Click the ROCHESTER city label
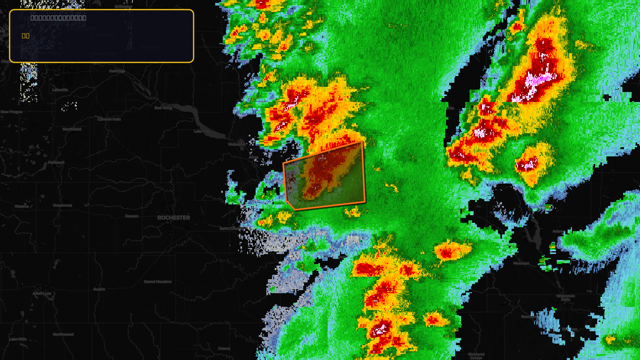click(174, 218)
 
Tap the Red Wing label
click(163, 108)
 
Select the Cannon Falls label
click(109, 119)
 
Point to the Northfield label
click(72, 129)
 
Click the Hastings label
click(117, 71)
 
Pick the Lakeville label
click(60, 90)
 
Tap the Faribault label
click(56, 162)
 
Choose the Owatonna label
click(63, 205)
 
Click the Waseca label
click(22, 206)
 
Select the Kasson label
click(132, 216)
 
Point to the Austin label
click(99, 289)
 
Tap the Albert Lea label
click(42, 293)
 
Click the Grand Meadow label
click(158, 282)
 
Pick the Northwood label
click(63, 334)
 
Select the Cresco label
click(224, 348)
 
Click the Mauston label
click(521, 263)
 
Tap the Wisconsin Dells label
click(566, 298)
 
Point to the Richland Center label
click(476, 356)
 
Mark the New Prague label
click(12, 112)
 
